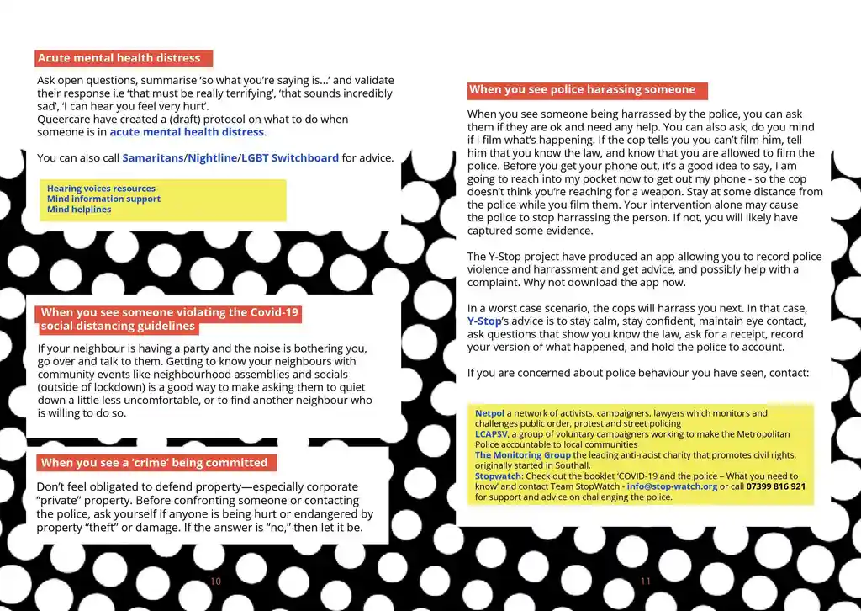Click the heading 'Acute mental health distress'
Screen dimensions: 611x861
[119, 59]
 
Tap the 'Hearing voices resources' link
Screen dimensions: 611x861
[101, 189]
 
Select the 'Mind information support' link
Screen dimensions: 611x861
[103, 199]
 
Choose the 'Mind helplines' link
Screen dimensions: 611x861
[79, 210]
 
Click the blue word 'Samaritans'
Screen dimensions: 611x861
[153, 158]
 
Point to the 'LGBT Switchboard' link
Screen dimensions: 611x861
[290, 158]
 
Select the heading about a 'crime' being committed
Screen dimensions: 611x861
[154, 463]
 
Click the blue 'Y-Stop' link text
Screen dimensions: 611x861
[483, 321]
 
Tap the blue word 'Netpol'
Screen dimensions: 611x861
[489, 413]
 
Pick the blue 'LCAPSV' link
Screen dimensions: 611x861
[491, 434]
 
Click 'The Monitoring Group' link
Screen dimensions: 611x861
[522, 455]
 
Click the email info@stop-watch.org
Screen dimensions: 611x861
[672, 486]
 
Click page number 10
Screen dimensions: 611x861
[216, 582]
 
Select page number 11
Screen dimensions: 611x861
[646, 582]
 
